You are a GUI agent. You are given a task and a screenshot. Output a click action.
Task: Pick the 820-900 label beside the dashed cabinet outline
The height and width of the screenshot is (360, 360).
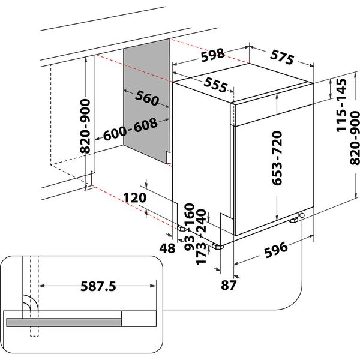[85, 125]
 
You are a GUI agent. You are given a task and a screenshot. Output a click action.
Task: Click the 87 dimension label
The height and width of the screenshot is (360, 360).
[227, 285]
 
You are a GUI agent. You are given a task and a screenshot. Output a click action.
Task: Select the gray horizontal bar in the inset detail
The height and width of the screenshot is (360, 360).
[64, 322]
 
